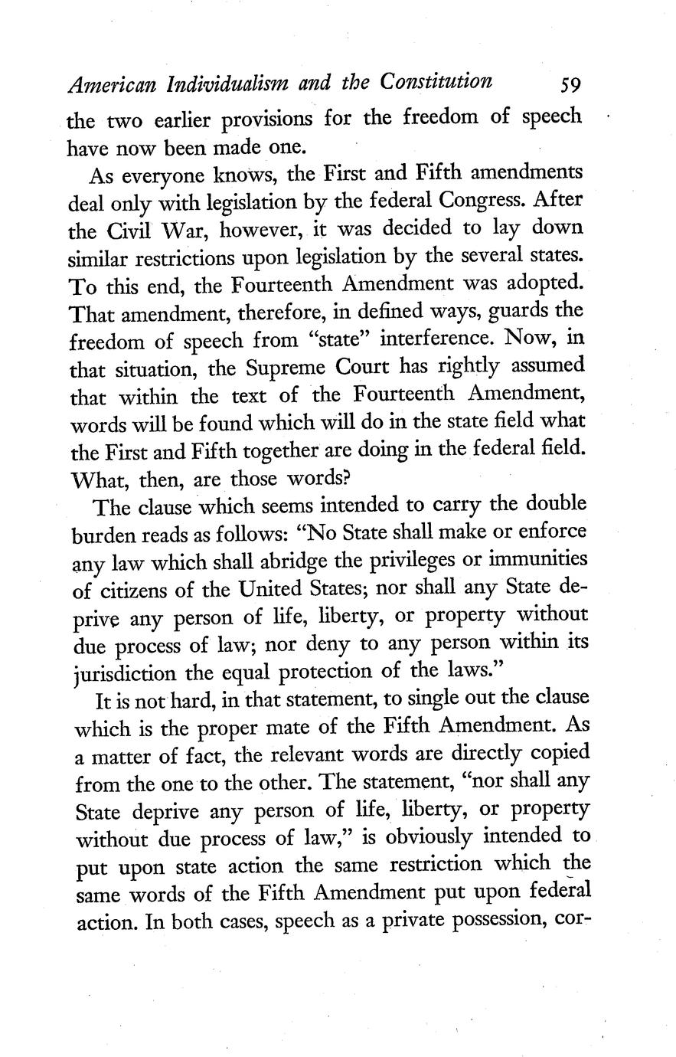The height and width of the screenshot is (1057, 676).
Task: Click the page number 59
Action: [572, 83]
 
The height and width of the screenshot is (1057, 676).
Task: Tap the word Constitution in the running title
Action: [427, 82]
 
